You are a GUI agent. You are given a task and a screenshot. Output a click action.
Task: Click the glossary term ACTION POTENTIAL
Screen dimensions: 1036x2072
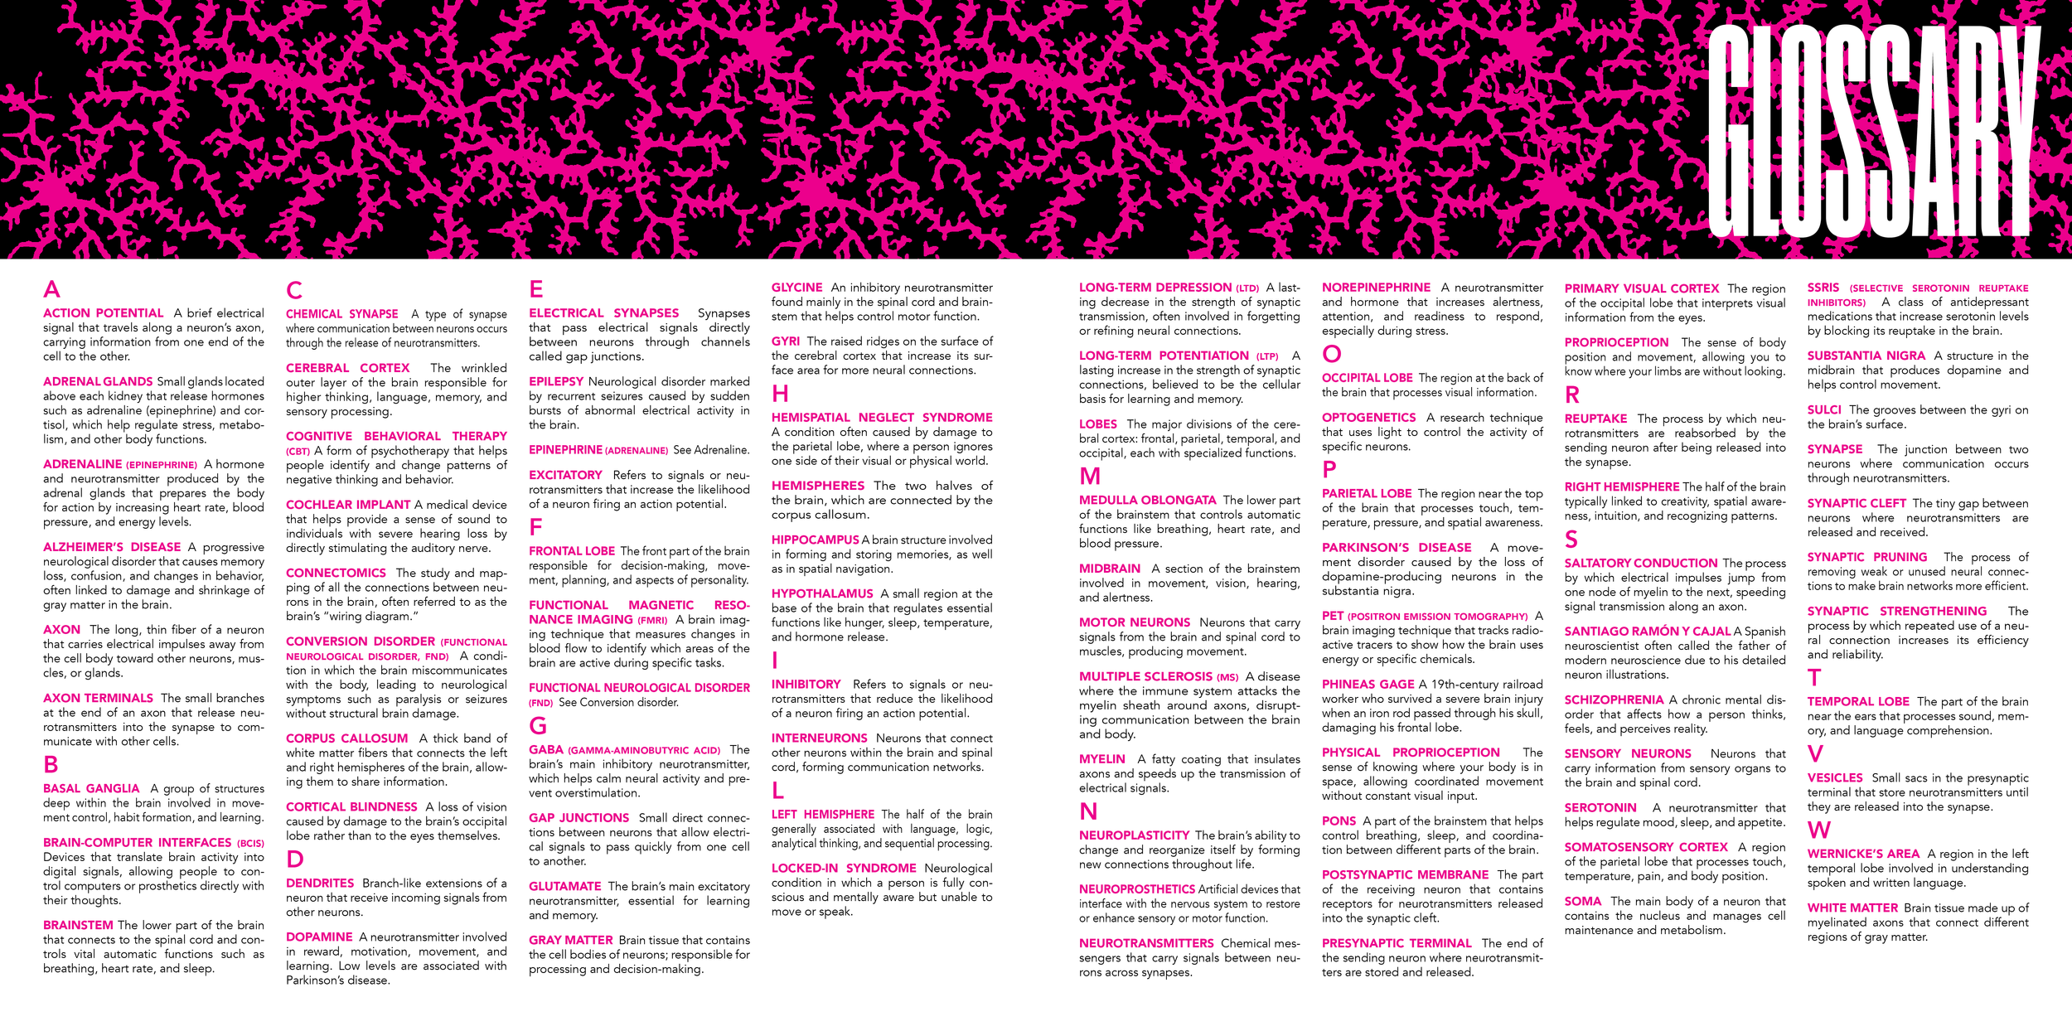tap(104, 313)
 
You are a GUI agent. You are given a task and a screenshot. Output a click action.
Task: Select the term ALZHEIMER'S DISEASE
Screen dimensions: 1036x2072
tap(112, 547)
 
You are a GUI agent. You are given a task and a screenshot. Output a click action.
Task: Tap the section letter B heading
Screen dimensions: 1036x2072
tap(51, 764)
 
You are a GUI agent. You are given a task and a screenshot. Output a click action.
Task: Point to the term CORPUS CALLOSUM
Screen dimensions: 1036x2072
tap(346, 738)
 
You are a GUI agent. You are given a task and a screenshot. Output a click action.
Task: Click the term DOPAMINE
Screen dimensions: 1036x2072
tap(319, 937)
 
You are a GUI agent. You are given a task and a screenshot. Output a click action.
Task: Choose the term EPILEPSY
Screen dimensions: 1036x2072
tap(556, 381)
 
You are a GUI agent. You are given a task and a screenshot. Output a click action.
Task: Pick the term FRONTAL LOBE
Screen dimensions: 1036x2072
tap(572, 551)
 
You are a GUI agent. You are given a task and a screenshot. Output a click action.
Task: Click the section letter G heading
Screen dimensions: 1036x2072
tap(538, 727)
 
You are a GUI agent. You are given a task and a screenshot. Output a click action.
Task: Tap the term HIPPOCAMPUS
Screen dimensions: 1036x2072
tap(815, 540)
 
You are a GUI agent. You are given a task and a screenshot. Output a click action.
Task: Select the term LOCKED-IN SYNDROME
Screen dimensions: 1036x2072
tap(844, 869)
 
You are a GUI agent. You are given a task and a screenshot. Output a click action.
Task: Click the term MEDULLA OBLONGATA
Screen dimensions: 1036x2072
tap(1147, 501)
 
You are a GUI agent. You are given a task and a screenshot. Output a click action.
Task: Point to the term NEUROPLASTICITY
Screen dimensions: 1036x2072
tap(1134, 835)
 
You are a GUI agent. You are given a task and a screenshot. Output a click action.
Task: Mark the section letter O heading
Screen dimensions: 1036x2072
tap(1331, 354)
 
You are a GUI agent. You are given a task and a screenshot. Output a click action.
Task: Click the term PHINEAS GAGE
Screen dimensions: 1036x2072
tap(1368, 685)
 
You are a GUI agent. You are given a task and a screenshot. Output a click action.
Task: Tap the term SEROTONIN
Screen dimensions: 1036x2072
tap(1600, 808)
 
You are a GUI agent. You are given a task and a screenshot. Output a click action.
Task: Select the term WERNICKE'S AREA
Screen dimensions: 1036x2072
tap(1863, 854)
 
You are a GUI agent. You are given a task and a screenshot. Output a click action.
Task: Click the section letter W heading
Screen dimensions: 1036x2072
tap(1818, 830)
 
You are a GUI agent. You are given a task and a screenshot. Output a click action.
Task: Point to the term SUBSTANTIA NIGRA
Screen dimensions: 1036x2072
tap(1866, 356)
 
